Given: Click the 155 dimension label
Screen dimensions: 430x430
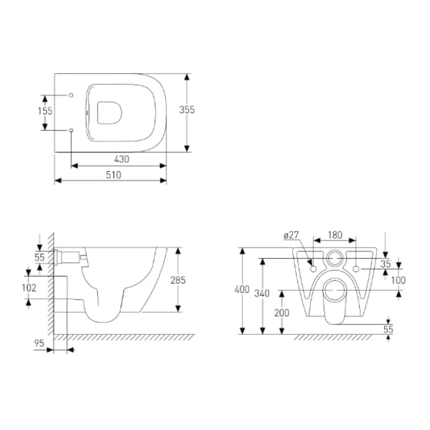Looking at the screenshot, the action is point(45,111).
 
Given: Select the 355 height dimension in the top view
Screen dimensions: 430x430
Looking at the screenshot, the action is point(187,110).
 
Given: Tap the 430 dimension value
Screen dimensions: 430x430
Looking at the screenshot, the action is point(122,159).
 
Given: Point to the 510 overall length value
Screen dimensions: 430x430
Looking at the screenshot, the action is point(114,174).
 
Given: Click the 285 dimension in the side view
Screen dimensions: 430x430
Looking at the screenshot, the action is point(178,280).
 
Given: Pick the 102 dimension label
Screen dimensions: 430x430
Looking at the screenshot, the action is point(29,287).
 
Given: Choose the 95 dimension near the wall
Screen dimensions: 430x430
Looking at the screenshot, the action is point(39,343).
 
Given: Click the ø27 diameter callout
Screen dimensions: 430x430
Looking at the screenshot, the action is point(291,235).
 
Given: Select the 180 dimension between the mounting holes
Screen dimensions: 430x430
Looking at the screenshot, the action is point(335,235).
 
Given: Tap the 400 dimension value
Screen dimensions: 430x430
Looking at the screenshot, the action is point(242,289).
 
